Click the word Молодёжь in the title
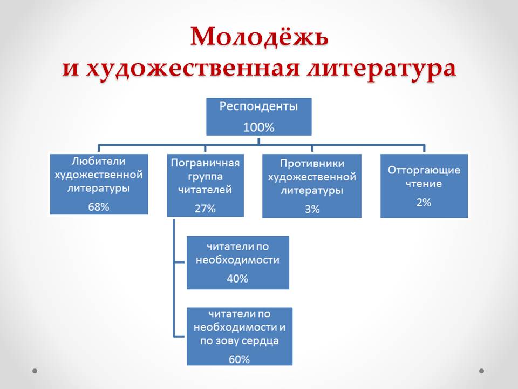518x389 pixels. click(259, 37)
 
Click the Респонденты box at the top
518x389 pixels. click(259, 117)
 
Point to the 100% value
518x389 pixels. click(258, 128)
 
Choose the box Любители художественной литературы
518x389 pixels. click(99, 184)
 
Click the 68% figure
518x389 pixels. click(99, 206)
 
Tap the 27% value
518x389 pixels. click(205, 209)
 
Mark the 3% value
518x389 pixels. click(312, 209)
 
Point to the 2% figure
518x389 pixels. click(424, 203)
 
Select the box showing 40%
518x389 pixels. click(237, 262)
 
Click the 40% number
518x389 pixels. click(237, 279)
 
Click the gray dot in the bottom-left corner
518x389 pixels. click(35, 371)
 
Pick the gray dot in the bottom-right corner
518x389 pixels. click(482, 371)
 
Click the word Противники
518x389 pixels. click(312, 164)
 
